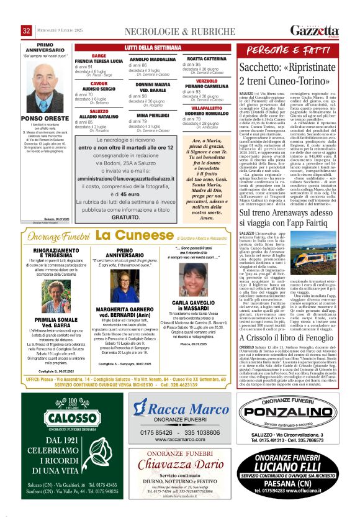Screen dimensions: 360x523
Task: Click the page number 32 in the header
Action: click(27, 30)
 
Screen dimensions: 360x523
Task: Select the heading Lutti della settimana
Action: click(151, 47)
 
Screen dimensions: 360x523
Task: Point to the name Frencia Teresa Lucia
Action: click(99, 61)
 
